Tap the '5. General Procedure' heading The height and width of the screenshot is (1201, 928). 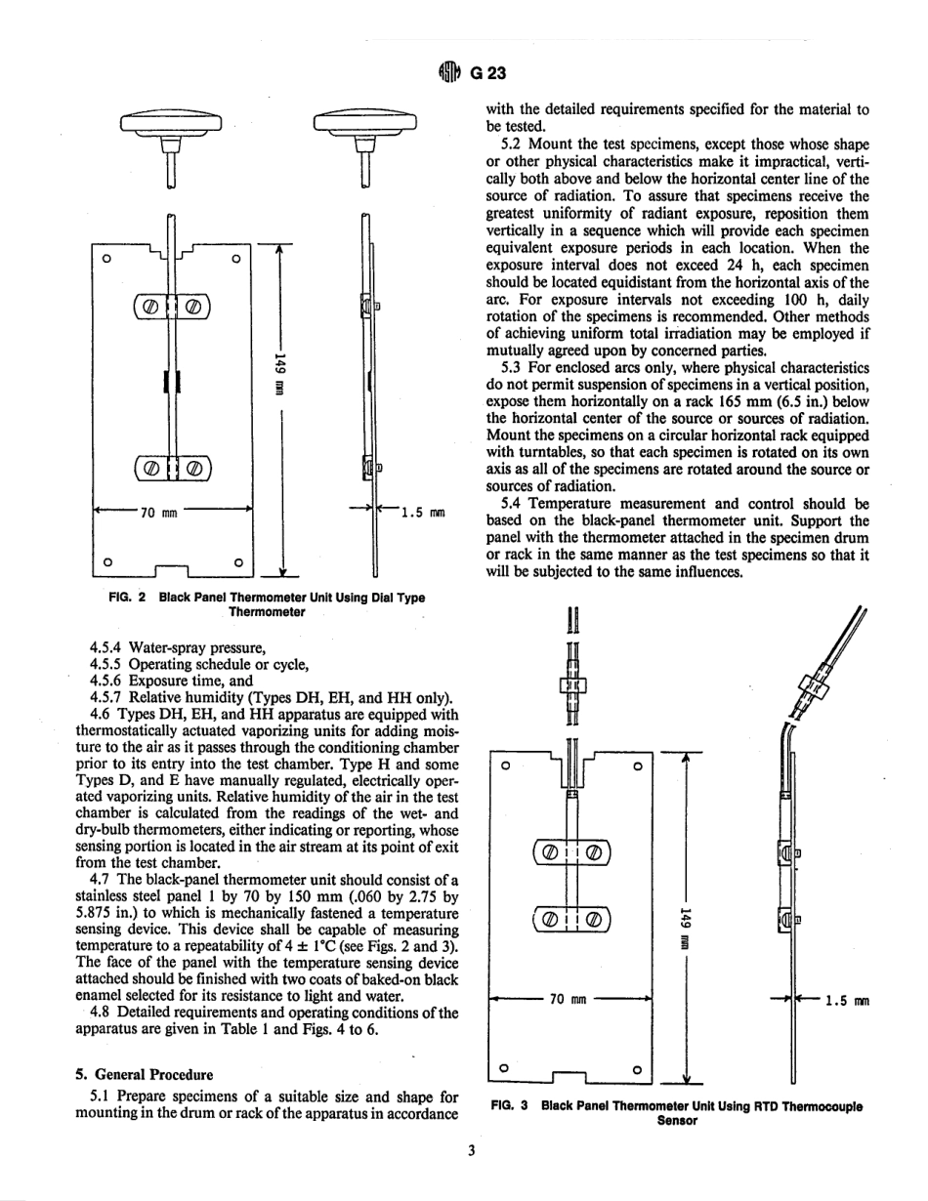tap(145, 1075)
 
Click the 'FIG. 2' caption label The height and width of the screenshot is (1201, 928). tap(122, 598)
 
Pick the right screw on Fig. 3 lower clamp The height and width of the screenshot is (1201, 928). tap(594, 918)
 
